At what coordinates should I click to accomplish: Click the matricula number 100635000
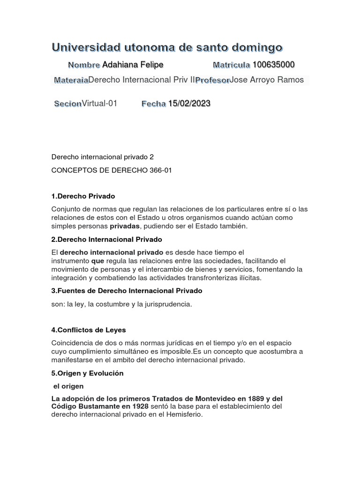point(274,64)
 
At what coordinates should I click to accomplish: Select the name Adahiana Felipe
point(133,64)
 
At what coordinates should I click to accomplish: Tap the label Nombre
point(84,65)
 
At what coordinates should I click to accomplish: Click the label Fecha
point(154,104)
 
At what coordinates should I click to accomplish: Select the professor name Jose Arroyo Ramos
point(267,80)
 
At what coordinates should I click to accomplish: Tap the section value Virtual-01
point(99,104)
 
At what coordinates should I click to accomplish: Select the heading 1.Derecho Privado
point(83,196)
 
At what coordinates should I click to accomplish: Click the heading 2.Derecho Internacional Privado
point(106,239)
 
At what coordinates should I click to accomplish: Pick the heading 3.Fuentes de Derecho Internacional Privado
point(127,291)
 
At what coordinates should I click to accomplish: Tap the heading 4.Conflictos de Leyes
point(89,330)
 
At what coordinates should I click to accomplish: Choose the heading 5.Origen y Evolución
point(87,373)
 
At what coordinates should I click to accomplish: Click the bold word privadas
point(125,226)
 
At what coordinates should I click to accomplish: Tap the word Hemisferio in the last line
point(184,414)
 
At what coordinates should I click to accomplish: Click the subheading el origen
point(68,386)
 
